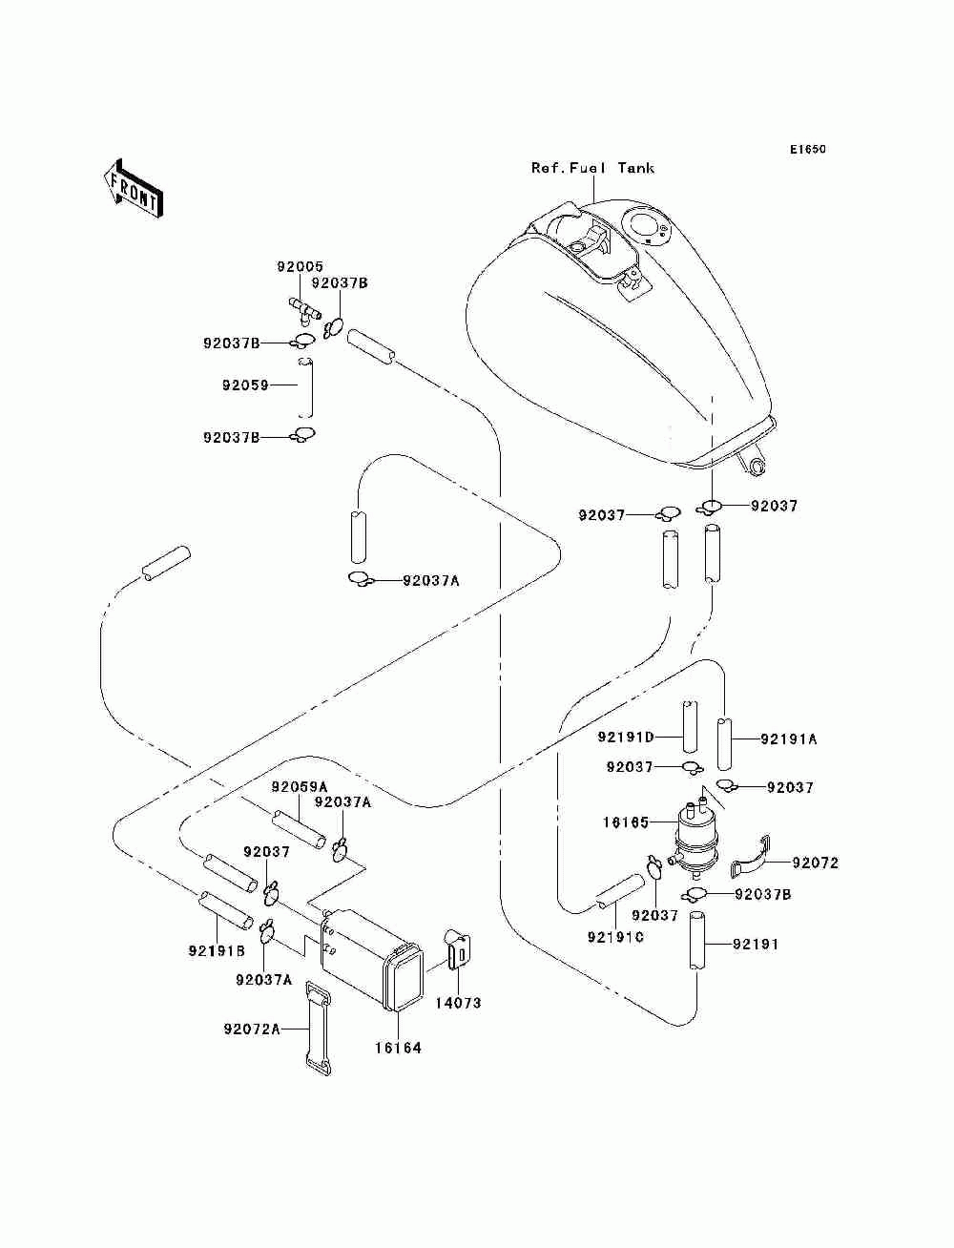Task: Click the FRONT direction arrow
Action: point(133,188)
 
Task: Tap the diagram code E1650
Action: point(807,150)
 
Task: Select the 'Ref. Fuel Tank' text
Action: point(592,168)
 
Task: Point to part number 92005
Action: point(300,266)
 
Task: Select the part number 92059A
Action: point(299,787)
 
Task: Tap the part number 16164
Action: point(398,1048)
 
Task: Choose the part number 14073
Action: point(458,1003)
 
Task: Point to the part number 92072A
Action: point(252,1030)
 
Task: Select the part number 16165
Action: point(626,822)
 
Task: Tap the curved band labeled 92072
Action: point(751,864)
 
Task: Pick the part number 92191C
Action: point(615,937)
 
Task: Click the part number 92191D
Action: point(626,737)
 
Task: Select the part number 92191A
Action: point(789,739)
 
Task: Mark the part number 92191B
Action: point(217,950)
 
